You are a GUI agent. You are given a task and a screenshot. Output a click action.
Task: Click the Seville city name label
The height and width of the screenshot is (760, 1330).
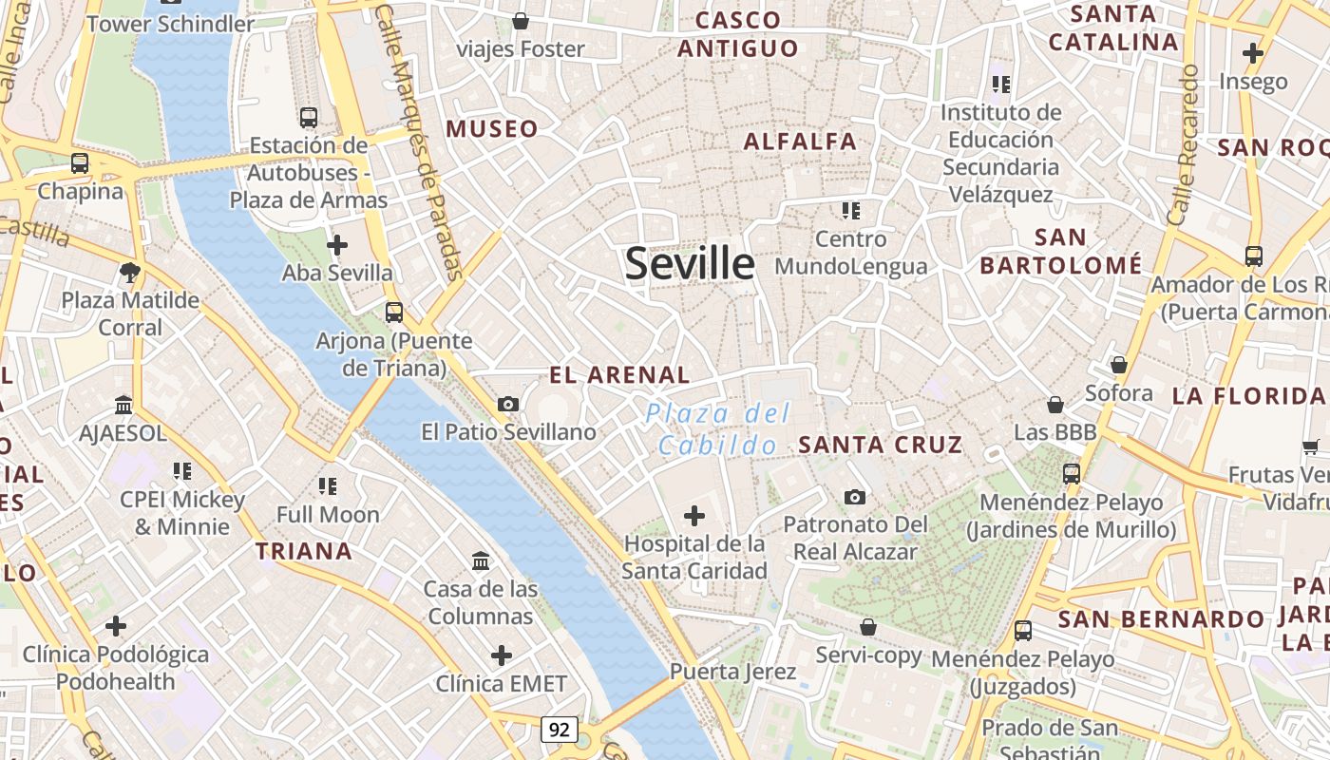(690, 263)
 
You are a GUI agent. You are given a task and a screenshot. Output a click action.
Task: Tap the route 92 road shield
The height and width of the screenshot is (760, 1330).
(560, 730)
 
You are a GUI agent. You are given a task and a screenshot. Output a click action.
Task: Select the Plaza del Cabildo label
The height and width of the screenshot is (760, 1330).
(717, 429)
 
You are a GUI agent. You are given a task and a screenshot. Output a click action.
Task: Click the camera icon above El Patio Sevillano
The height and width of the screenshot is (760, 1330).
(508, 405)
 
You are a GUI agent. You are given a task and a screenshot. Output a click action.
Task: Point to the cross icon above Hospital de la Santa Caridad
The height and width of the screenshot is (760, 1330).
(694, 516)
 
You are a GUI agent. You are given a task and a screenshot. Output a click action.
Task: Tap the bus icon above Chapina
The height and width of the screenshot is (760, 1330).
(80, 163)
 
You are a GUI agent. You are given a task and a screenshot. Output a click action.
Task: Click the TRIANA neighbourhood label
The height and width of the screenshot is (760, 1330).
(304, 551)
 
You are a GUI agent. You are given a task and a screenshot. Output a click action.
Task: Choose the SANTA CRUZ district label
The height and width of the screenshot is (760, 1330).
(881, 445)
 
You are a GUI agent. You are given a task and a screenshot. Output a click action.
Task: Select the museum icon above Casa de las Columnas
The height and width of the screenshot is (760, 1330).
(481, 560)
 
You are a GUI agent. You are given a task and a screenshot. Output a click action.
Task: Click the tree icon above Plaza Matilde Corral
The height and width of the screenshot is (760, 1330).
(130, 274)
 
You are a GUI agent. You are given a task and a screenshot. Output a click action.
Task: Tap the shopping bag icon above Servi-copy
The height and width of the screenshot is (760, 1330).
(867, 627)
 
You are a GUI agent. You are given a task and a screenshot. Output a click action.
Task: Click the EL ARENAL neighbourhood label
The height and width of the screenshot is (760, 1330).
(619, 375)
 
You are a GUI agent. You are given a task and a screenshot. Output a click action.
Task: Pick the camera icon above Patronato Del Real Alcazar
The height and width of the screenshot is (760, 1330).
(855, 497)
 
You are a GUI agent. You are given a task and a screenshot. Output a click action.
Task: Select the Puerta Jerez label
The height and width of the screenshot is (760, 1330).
(732, 672)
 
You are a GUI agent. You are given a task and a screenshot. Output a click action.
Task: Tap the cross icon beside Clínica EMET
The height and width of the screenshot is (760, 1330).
(502, 655)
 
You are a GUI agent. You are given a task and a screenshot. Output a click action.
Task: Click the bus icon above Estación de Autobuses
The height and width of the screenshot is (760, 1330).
(309, 118)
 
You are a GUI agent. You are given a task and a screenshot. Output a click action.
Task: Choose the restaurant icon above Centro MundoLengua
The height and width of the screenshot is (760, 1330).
(850, 210)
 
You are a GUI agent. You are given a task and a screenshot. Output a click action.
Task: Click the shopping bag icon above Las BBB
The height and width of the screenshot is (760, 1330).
(1054, 405)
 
